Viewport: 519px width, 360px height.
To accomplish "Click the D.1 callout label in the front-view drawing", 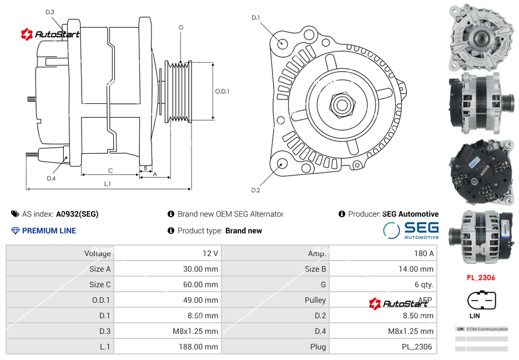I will pyautogui.click(x=255, y=18).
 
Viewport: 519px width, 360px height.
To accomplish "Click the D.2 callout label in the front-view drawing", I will pyautogui.click(x=255, y=190).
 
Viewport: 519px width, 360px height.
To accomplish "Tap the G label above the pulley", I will pyautogui.click(x=181, y=27).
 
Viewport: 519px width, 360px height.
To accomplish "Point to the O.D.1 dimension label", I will pyautogui.click(x=222, y=91).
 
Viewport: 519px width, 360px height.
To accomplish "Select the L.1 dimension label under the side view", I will pyautogui.click(x=107, y=183).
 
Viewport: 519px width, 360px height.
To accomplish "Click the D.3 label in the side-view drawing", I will pyautogui.click(x=50, y=12).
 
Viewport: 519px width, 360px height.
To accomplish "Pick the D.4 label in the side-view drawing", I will pyautogui.click(x=51, y=178).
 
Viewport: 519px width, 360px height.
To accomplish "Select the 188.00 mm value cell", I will pyautogui.click(x=167, y=347).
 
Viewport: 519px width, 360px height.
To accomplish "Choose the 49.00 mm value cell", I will pyautogui.click(x=167, y=300).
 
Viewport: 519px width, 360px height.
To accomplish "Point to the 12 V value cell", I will pyautogui.click(x=167, y=253).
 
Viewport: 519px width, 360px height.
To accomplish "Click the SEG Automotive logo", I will pyautogui.click(x=411, y=231).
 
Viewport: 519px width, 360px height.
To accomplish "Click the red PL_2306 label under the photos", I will pyautogui.click(x=481, y=278).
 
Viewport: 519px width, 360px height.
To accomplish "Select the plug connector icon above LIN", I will pyautogui.click(x=481, y=302).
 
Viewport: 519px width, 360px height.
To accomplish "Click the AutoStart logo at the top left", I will pyautogui.click(x=51, y=34).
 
